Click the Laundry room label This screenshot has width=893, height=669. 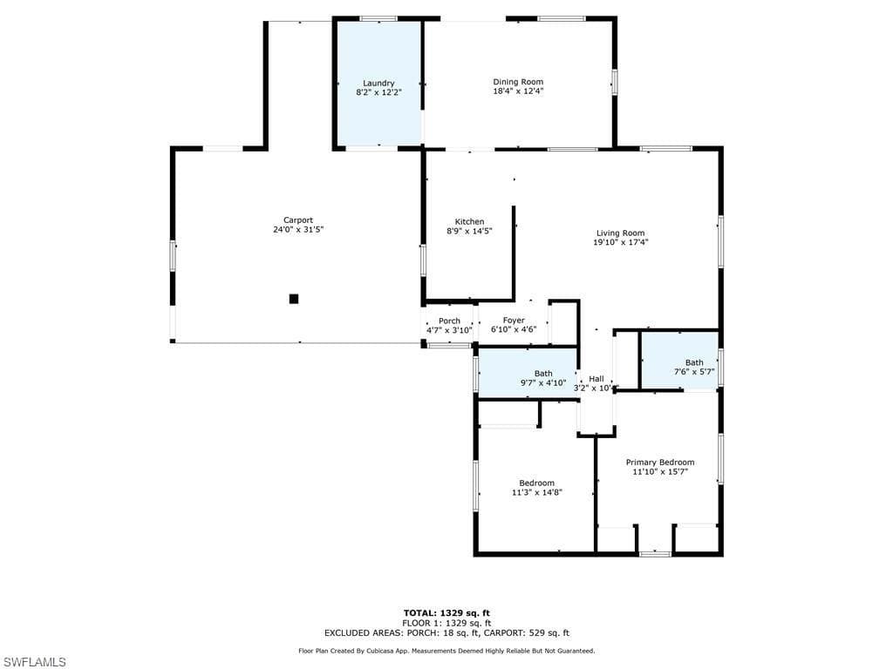378,83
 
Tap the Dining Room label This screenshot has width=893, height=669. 518,82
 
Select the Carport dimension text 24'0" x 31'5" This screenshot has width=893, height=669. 298,229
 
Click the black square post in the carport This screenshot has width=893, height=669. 294,299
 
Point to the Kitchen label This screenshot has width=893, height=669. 469,222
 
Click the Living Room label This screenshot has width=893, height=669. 621,233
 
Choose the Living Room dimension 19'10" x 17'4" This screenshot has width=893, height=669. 621,242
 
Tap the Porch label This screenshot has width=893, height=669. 449,321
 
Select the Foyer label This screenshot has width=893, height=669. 514,321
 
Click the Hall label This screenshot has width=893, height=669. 596,379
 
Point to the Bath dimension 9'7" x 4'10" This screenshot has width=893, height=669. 543,383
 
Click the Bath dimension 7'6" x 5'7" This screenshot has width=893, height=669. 694,371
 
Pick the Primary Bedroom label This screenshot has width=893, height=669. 660,463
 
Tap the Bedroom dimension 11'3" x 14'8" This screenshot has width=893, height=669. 537,493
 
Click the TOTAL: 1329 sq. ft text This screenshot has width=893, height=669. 446,613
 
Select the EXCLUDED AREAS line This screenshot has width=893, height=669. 446,632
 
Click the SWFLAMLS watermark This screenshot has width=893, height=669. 33,662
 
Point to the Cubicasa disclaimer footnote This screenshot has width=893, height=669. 446,651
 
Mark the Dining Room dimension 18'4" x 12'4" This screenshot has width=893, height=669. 518,91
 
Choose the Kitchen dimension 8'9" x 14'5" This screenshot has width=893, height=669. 469,231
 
